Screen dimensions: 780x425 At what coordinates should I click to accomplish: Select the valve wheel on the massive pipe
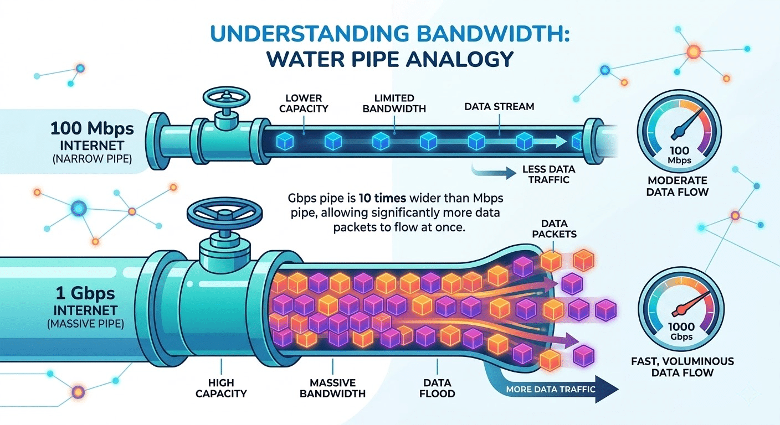click(x=224, y=213)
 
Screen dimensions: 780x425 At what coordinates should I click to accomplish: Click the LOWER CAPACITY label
click(x=304, y=103)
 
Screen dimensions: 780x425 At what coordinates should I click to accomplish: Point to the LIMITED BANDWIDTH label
click(x=394, y=103)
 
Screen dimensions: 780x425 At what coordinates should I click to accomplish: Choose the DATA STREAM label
click(x=499, y=106)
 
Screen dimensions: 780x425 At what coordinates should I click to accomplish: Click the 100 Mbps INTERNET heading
click(x=92, y=136)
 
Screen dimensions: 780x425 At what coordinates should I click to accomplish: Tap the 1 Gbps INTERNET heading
click(x=86, y=301)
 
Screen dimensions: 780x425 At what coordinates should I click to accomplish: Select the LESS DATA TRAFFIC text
click(x=549, y=174)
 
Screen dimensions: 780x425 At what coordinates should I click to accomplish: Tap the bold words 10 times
click(x=382, y=198)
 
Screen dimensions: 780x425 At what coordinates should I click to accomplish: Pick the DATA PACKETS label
click(x=555, y=229)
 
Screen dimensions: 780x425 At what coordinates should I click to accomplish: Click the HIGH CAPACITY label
click(x=221, y=388)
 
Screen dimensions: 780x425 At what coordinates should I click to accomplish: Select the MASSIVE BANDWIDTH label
click(x=332, y=388)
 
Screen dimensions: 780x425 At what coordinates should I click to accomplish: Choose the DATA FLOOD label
click(x=437, y=388)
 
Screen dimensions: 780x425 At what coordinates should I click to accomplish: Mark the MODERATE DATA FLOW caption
click(x=678, y=186)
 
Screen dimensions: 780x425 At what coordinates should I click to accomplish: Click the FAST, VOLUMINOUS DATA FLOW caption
click(x=682, y=367)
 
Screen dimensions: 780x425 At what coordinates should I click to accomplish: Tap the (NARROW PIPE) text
click(x=93, y=159)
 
